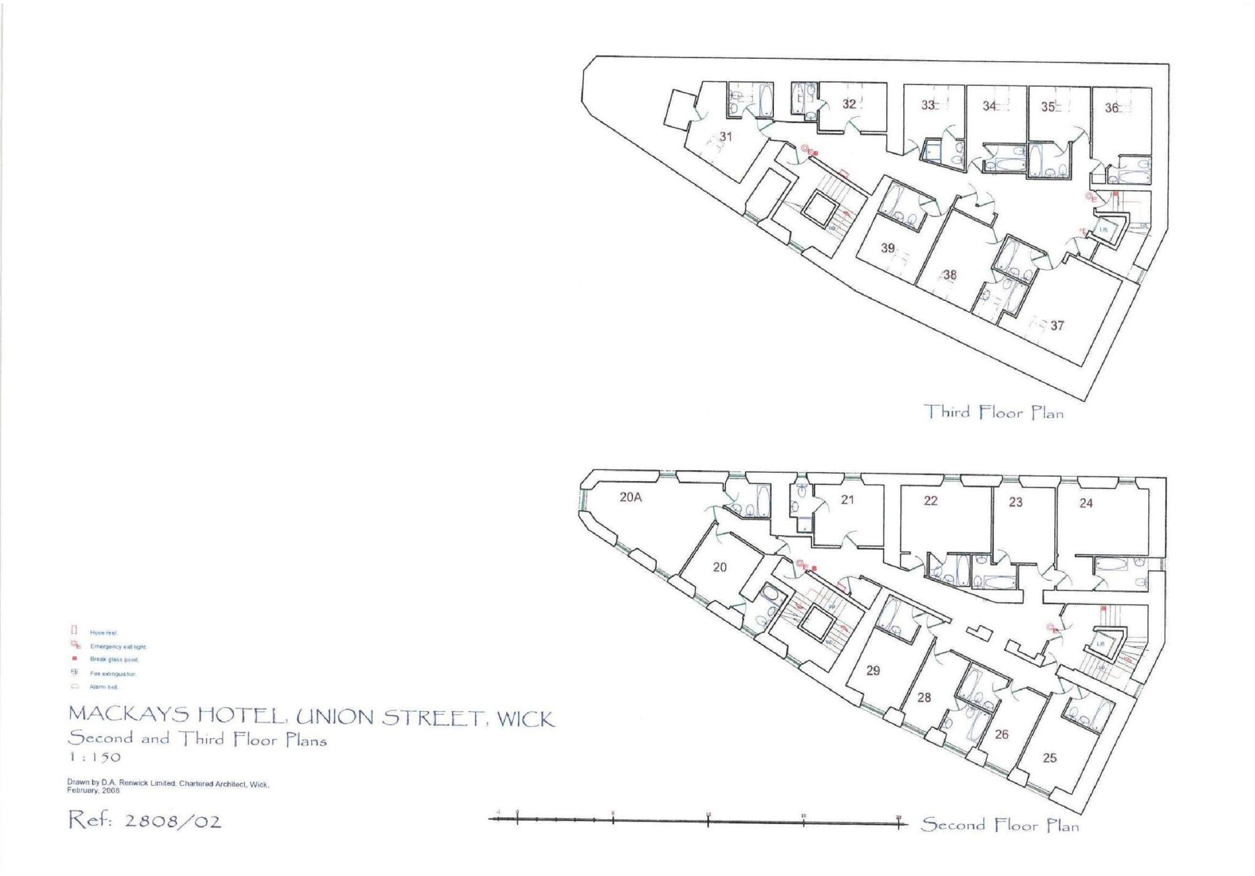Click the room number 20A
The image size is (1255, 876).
coord(630,498)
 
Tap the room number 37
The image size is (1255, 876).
coord(1057,326)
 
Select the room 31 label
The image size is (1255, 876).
coord(726,137)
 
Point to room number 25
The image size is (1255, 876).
coord(1050,758)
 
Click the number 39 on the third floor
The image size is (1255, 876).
coord(888,248)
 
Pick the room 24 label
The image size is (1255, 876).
coord(1086,503)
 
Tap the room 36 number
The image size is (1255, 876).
coord(1112,108)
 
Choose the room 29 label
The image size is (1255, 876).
coord(873,671)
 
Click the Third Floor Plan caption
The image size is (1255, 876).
coord(993,412)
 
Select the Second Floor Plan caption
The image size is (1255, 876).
coord(1000,825)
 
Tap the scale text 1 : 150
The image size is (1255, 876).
coord(94,757)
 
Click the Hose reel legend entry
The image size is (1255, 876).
coord(103,633)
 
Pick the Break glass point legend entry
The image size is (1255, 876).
coord(114,660)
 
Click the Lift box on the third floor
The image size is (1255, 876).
coord(1103,230)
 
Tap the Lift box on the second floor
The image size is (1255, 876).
coord(1101,644)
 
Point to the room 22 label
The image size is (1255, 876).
coord(930,501)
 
